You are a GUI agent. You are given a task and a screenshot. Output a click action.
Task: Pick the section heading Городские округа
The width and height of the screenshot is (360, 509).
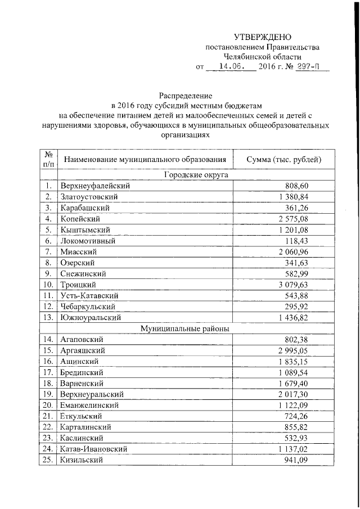pos(195,175)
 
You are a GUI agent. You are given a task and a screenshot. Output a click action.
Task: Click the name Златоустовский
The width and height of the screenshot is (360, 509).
pos(89,197)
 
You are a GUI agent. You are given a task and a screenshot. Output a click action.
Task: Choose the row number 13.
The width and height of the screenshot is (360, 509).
pos(48,317)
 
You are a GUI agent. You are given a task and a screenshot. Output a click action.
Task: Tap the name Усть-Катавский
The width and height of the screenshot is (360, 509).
pos(89,295)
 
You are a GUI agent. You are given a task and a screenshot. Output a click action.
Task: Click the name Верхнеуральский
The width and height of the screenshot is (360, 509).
pos(92,394)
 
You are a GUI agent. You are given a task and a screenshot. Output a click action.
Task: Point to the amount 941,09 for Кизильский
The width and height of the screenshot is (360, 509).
pos(297,460)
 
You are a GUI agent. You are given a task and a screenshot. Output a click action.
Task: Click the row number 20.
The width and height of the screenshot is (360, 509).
pos(48,405)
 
